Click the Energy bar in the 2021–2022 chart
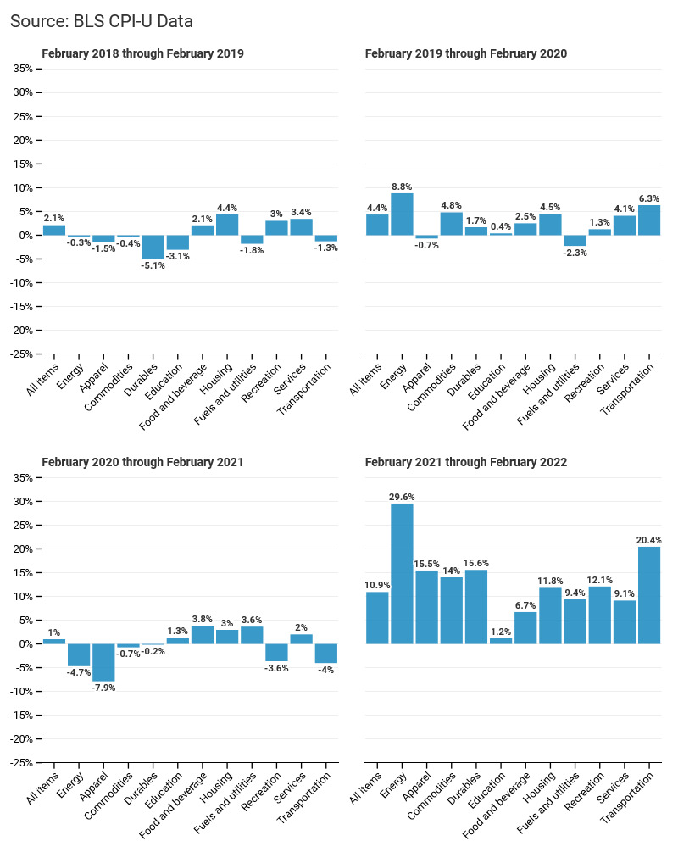point(402,574)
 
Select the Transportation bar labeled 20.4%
point(649,595)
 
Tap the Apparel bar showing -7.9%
point(103,662)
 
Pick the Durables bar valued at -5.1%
point(153,248)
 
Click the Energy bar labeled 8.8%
point(402,214)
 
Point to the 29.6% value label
point(402,497)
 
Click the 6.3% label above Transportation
point(649,198)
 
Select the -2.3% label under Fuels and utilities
point(575,253)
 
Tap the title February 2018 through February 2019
point(143,53)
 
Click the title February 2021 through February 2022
point(466,462)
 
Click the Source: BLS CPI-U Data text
point(102,21)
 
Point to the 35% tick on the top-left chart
point(24,69)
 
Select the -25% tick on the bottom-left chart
point(22,762)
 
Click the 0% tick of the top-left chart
point(26,236)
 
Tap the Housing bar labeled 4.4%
point(227,225)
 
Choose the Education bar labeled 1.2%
point(501,641)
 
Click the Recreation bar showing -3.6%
point(276,653)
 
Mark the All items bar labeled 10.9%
point(378,618)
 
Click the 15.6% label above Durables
point(476,563)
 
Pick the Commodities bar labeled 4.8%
point(452,224)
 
